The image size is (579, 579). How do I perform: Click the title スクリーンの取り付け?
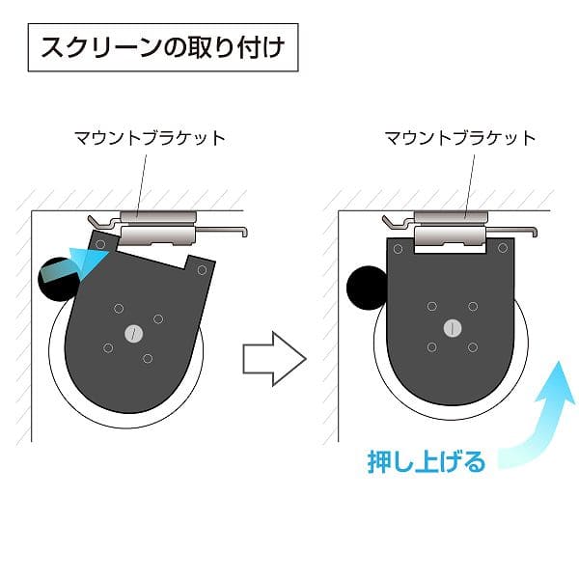coord(163,47)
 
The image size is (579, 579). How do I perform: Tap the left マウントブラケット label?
coord(150,138)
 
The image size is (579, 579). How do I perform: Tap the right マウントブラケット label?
coord(460,138)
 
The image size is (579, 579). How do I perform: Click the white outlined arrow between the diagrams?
coord(274,359)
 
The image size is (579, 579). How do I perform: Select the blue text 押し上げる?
coord(427,461)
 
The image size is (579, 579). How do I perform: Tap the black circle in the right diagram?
coord(367,288)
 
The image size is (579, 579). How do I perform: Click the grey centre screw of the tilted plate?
coord(134,334)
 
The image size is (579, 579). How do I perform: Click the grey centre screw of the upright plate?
coord(453,328)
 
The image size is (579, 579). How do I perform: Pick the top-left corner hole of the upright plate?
coord(398,249)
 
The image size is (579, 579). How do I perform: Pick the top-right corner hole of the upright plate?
coord(503,248)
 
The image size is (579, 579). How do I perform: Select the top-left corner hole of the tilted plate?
coord(100,244)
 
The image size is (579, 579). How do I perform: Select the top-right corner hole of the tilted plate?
coord(202,270)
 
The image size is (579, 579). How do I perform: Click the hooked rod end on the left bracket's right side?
coord(243,232)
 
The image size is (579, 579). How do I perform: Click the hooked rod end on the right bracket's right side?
coord(534,232)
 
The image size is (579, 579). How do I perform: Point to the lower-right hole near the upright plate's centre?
coord(473,347)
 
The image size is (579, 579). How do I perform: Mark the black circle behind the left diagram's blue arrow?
coord(59,280)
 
